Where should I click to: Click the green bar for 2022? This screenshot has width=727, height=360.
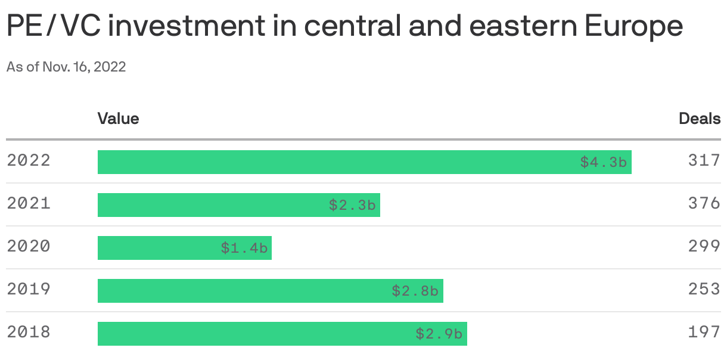coord(334,162)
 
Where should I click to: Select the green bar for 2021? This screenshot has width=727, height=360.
coord(209,205)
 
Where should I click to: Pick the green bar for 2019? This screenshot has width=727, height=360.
coord(238,291)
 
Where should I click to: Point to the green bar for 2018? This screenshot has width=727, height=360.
coord(250,334)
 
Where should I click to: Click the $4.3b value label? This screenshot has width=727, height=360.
coord(604,162)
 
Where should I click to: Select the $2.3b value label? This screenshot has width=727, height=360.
coord(352,205)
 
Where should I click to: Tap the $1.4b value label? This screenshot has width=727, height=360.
coord(244,248)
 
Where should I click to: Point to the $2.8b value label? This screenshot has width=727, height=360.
coord(415,291)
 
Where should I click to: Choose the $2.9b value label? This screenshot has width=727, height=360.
coord(439,334)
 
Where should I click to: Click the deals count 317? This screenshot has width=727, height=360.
coord(704,161)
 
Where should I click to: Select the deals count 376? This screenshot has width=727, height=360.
coord(704,204)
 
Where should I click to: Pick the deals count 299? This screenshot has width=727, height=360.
coord(704,247)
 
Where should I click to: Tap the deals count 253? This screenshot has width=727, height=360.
coord(704,290)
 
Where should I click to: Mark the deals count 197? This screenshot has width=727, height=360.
coord(704,333)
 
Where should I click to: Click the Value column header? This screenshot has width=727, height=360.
coord(118,119)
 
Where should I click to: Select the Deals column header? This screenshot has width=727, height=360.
coord(700,119)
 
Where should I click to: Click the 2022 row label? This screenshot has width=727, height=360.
coord(29,161)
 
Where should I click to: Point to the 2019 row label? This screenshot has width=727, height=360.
coord(29,290)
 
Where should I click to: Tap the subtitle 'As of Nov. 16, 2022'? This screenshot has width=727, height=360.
coord(66,67)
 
